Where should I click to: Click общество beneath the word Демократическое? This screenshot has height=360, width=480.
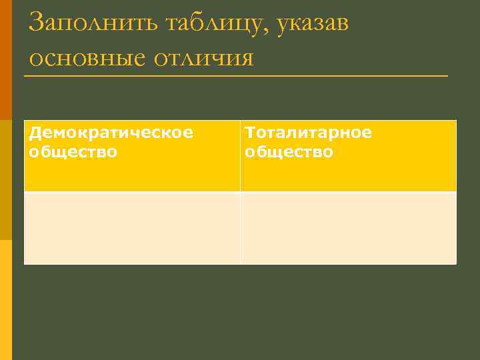73,152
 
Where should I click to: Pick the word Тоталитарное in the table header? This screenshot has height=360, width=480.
309,133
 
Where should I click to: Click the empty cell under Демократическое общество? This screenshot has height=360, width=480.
132,228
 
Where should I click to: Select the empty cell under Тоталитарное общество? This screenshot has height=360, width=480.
349,228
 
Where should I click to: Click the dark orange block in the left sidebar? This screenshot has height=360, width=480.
5,60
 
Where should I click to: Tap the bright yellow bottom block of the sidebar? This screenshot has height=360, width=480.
5,300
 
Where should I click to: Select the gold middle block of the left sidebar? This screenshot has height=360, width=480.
5,180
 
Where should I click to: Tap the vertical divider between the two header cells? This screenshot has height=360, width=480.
240,156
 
